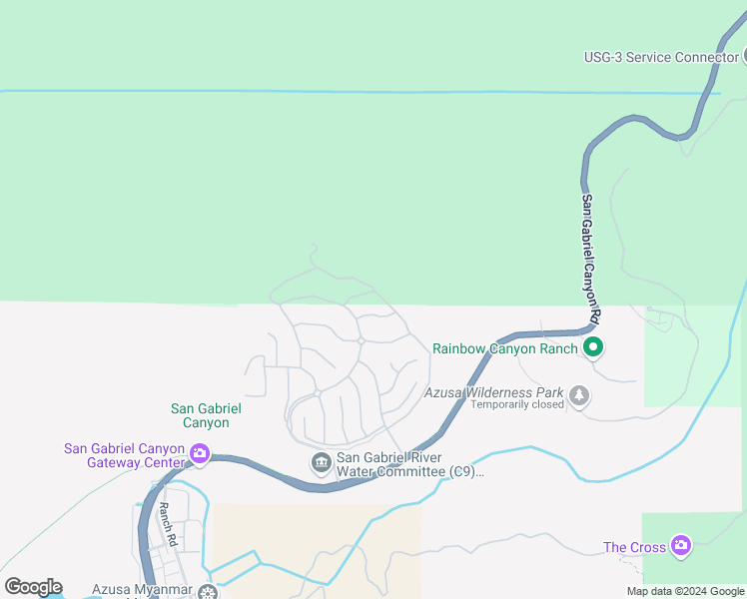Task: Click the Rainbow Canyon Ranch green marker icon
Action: (x=593, y=348)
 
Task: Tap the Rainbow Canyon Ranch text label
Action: (x=504, y=348)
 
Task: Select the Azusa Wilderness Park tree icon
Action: (x=578, y=396)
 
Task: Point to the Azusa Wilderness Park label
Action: (x=493, y=392)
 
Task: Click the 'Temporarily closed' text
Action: (x=517, y=405)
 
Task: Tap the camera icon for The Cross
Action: (x=681, y=545)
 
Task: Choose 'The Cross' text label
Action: (x=634, y=547)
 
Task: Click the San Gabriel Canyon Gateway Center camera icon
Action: (x=200, y=454)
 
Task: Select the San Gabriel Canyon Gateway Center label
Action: (x=125, y=455)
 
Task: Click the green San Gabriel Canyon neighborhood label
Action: (x=206, y=415)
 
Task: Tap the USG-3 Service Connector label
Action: (x=661, y=57)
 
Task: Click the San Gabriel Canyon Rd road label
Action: (x=590, y=257)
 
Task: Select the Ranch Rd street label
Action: (x=167, y=523)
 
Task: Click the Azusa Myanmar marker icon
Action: (x=208, y=592)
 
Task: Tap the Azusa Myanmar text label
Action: (x=141, y=590)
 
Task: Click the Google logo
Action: (x=33, y=587)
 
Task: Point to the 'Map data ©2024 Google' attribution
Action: (x=685, y=591)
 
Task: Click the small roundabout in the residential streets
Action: (x=361, y=340)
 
